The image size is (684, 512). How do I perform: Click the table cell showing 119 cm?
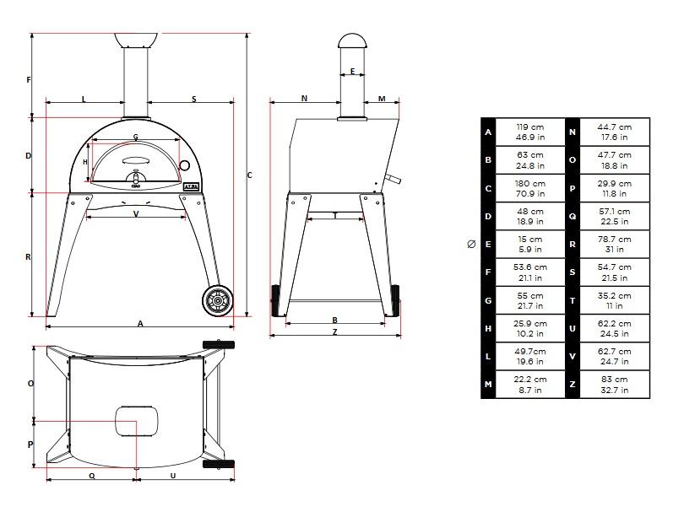coord(530,132)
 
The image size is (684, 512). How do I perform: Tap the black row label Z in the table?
coord(573,385)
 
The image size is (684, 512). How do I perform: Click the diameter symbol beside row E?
coord(471,244)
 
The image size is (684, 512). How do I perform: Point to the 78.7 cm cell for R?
coord(614,244)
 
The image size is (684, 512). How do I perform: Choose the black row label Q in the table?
coord(573,216)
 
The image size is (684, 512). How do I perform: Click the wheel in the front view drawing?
coord(217,300)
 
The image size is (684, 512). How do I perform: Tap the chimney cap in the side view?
coord(352,41)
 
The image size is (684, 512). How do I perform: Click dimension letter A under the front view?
coord(140,323)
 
